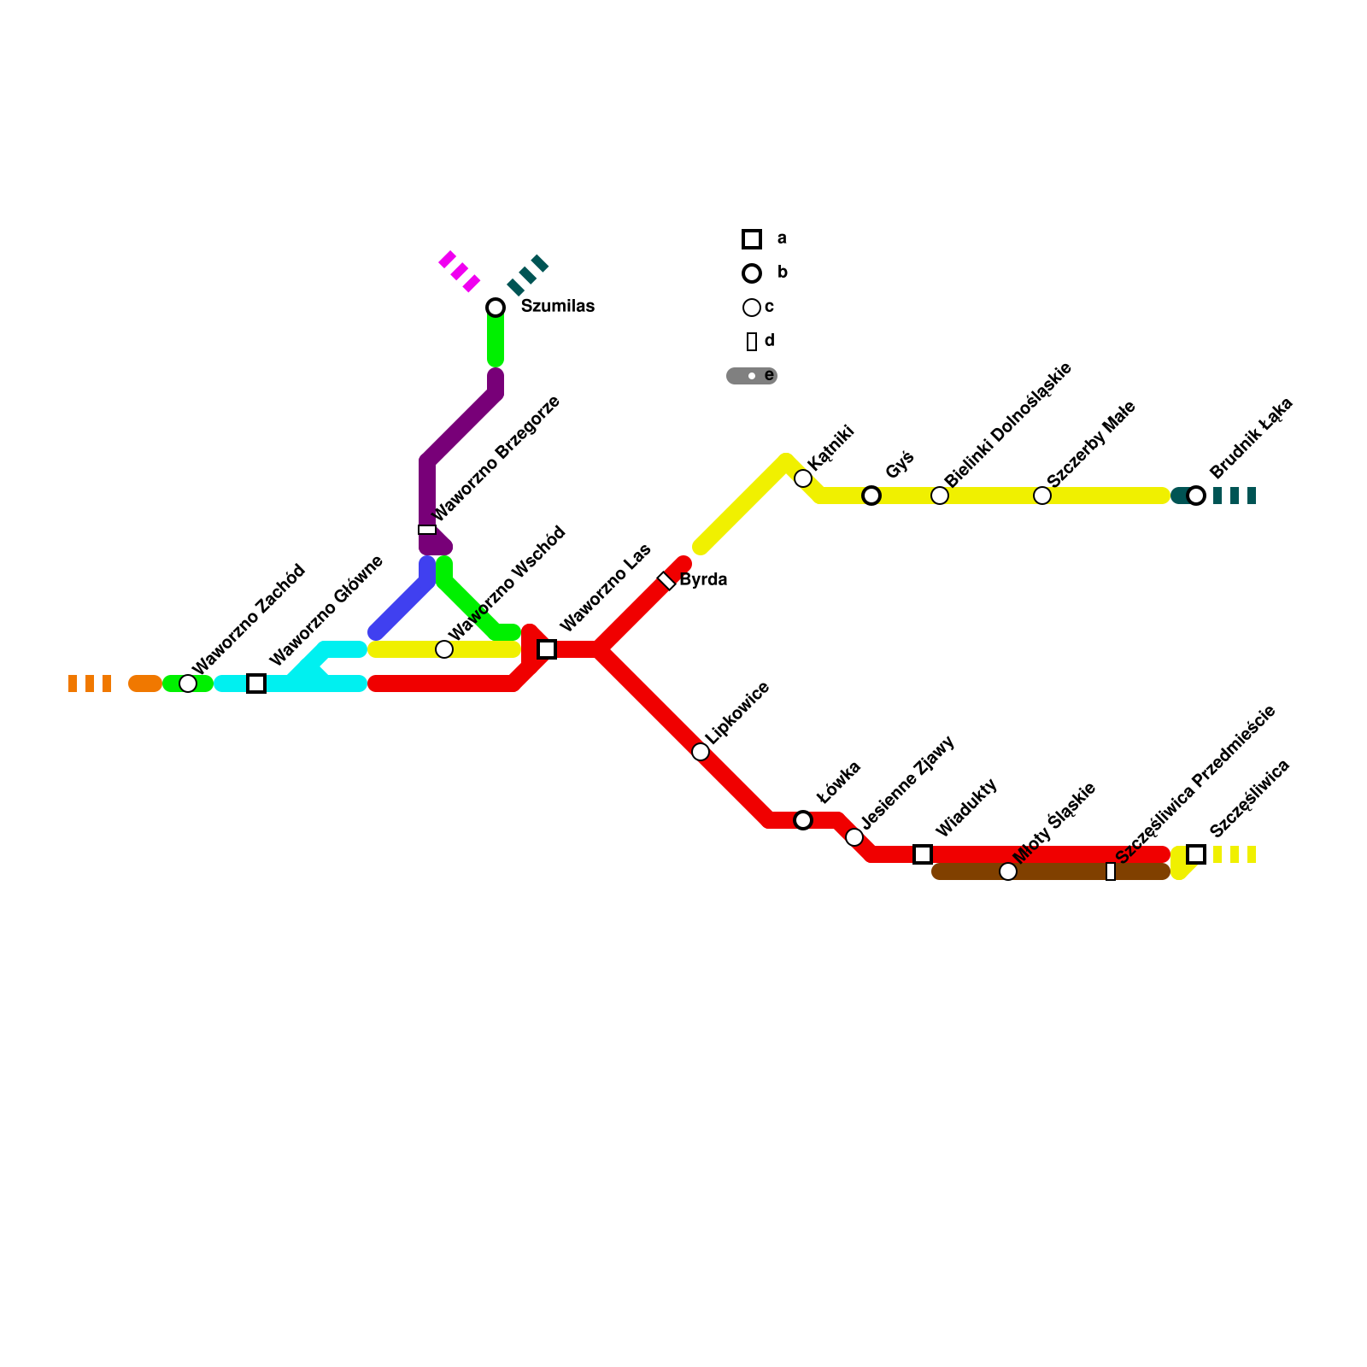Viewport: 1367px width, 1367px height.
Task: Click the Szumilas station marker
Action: tap(496, 308)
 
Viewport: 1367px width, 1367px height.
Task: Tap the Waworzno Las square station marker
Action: tap(547, 649)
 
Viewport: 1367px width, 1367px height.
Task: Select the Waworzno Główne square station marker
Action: tap(256, 683)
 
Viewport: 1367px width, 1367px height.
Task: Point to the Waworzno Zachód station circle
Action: tap(188, 683)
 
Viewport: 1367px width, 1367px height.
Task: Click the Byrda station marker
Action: tap(666, 581)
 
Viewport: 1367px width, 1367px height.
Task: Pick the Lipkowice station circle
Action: tap(701, 752)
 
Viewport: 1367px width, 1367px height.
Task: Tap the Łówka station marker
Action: tap(803, 820)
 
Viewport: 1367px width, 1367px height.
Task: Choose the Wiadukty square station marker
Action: tap(923, 854)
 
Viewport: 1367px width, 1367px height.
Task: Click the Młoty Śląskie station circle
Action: tap(1008, 871)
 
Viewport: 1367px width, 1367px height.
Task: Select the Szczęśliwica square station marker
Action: tap(1196, 854)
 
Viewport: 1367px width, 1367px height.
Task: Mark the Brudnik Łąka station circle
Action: tap(1196, 496)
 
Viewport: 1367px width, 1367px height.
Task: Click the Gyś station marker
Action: tap(871, 496)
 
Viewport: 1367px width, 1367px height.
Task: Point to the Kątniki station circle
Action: tap(803, 478)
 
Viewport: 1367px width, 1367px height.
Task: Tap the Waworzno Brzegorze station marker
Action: tap(427, 530)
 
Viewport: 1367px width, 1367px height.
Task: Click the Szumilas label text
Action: tap(557, 307)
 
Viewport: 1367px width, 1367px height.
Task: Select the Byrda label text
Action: tap(703, 580)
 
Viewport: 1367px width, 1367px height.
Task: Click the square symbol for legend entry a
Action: tap(752, 239)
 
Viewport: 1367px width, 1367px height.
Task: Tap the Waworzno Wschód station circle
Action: tap(444, 649)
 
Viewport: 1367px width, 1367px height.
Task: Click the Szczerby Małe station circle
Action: tap(1042, 496)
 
